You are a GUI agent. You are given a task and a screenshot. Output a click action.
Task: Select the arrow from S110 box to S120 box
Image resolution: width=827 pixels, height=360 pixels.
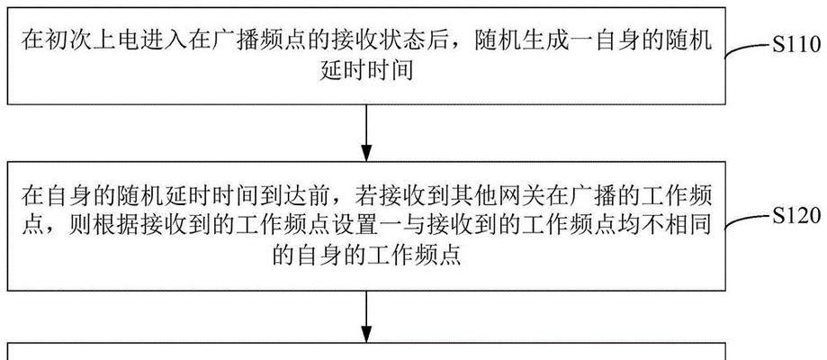366,132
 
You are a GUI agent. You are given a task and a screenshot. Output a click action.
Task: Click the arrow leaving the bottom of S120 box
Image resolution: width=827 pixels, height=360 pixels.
366,316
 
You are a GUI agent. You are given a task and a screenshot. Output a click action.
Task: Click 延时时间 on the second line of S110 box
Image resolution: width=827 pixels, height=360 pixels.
366,70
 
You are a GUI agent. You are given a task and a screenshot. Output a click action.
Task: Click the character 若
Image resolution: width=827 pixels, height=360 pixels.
353,196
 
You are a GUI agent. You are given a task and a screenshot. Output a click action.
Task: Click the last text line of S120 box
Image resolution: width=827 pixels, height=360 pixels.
366,256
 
